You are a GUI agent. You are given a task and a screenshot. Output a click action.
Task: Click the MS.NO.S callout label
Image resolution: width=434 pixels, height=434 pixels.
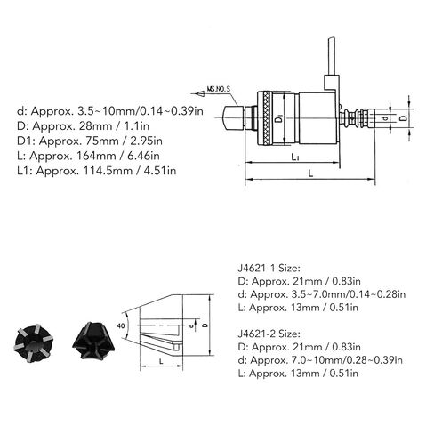pyautogui.click(x=219, y=89)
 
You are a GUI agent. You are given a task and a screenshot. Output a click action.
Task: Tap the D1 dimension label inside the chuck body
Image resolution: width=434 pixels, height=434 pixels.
pyautogui.click(x=279, y=119)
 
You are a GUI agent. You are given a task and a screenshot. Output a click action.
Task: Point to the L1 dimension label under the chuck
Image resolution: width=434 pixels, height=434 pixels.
pyautogui.click(x=294, y=157)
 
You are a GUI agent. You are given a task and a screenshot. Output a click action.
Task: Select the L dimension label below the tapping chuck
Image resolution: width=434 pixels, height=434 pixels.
pyautogui.click(x=310, y=173)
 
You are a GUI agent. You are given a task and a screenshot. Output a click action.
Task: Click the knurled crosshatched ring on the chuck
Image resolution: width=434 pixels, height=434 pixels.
pyautogui.click(x=269, y=118)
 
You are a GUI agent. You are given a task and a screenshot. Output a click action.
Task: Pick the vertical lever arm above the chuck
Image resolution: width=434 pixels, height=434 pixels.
pyautogui.click(x=331, y=56)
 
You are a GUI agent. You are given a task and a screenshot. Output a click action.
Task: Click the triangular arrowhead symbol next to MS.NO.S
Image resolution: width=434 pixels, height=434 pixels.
pyautogui.click(x=200, y=94)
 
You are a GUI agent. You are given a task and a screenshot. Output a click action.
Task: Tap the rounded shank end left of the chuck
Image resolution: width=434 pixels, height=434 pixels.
pyautogui.click(x=233, y=118)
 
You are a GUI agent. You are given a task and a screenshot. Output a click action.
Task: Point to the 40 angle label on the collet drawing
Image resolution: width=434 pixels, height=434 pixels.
pyautogui.click(x=121, y=326)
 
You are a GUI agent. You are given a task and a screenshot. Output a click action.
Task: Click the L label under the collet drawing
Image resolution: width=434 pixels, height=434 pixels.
pyautogui.click(x=161, y=361)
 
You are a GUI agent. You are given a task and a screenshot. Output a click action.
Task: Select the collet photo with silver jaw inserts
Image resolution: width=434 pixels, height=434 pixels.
pyautogui.click(x=34, y=343)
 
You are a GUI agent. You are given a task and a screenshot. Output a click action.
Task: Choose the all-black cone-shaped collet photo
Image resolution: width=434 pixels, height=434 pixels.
pyautogui.click(x=93, y=341)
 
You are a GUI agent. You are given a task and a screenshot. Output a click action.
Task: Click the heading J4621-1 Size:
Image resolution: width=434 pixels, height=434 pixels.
pyautogui.click(x=269, y=269)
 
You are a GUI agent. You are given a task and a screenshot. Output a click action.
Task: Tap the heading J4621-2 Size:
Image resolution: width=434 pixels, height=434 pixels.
pyautogui.click(x=269, y=334)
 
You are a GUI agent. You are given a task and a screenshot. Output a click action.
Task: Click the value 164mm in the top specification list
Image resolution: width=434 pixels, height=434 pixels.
pyautogui.click(x=95, y=156)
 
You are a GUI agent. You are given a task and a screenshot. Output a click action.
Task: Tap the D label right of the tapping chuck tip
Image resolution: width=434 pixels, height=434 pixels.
pyautogui.click(x=403, y=118)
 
